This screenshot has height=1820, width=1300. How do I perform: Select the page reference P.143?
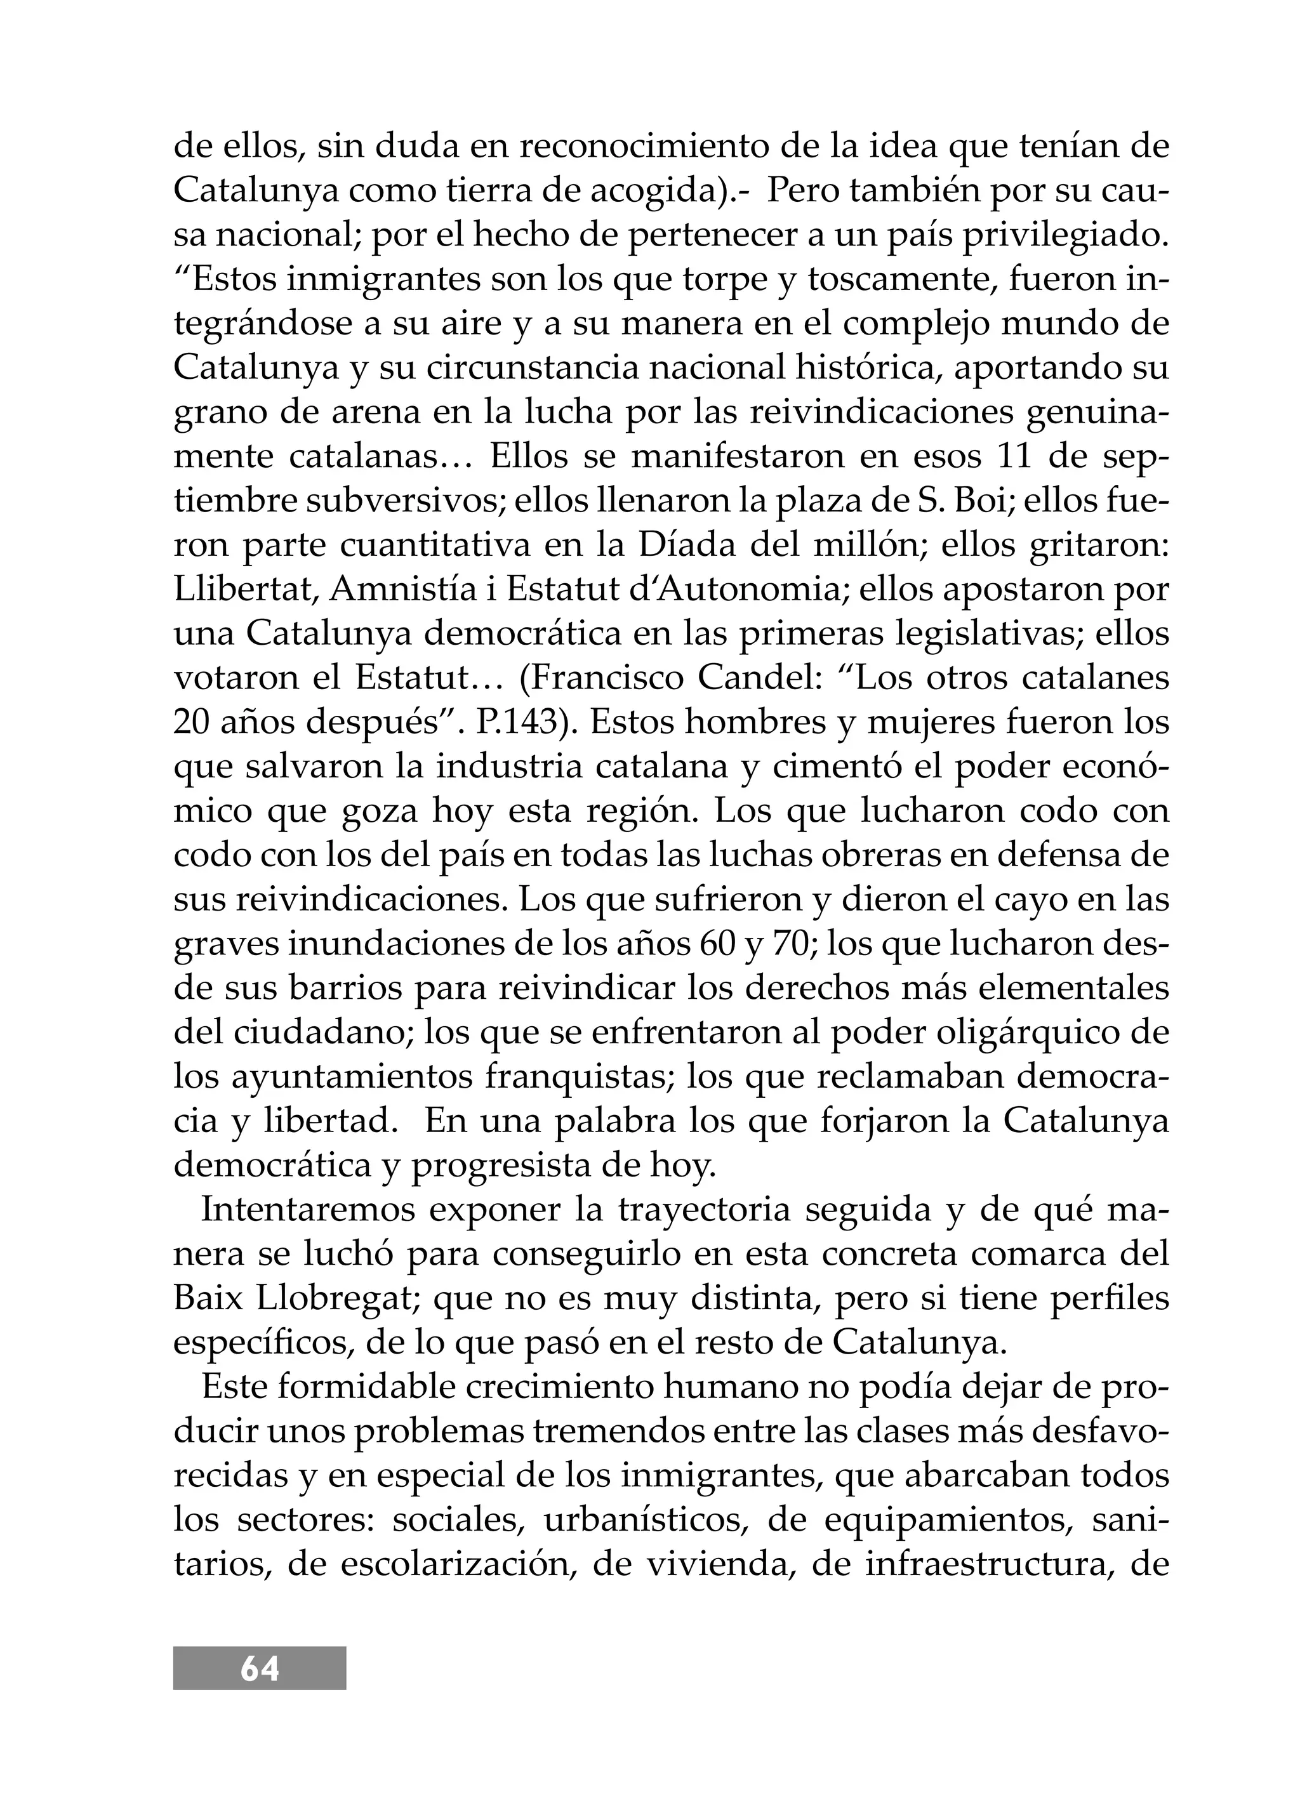pyautogui.click(x=519, y=723)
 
